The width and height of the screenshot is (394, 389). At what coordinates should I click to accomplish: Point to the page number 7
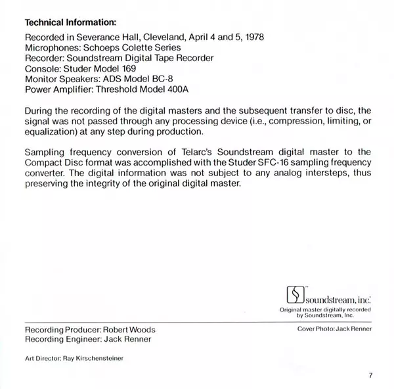click(x=370, y=376)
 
